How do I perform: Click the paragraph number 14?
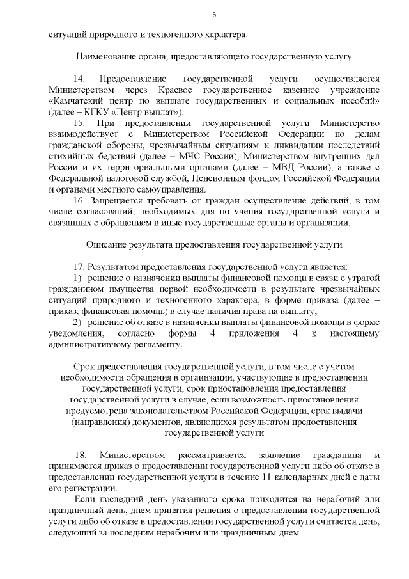[x=79, y=79]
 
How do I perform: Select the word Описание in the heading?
[x=104, y=244]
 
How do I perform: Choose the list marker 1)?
[x=78, y=278]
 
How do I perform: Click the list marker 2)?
[x=78, y=322]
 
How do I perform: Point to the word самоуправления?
[x=174, y=189]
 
